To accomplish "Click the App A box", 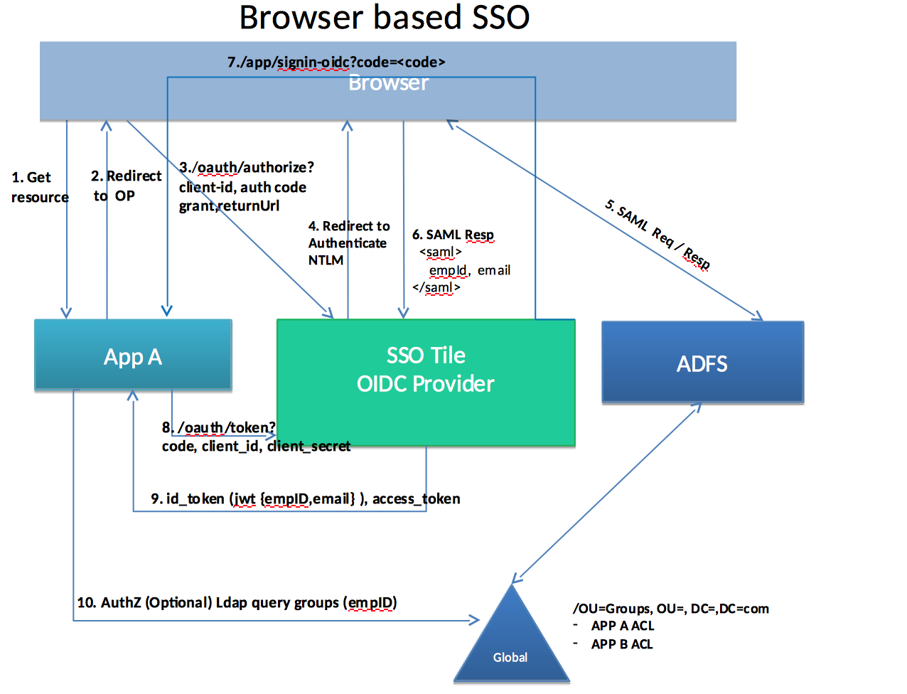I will tap(133, 356).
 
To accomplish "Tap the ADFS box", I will tap(702, 363).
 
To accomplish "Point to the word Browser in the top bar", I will tap(388, 83).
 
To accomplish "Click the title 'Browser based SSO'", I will tap(384, 18).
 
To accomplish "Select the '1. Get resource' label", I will tap(40, 187).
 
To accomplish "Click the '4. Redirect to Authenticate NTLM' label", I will tap(348, 242).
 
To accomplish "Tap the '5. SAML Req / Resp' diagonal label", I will tap(658, 235).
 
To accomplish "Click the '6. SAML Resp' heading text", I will tap(453, 235).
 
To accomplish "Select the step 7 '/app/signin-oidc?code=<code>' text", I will tap(336, 62).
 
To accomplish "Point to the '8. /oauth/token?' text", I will tap(219, 427).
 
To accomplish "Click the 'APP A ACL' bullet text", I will tap(623, 626).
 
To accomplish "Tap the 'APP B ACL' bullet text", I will tap(622, 644).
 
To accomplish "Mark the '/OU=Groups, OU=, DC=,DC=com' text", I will tap(670, 609).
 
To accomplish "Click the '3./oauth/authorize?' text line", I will tap(246, 167).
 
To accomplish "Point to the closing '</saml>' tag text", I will tap(436, 287).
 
